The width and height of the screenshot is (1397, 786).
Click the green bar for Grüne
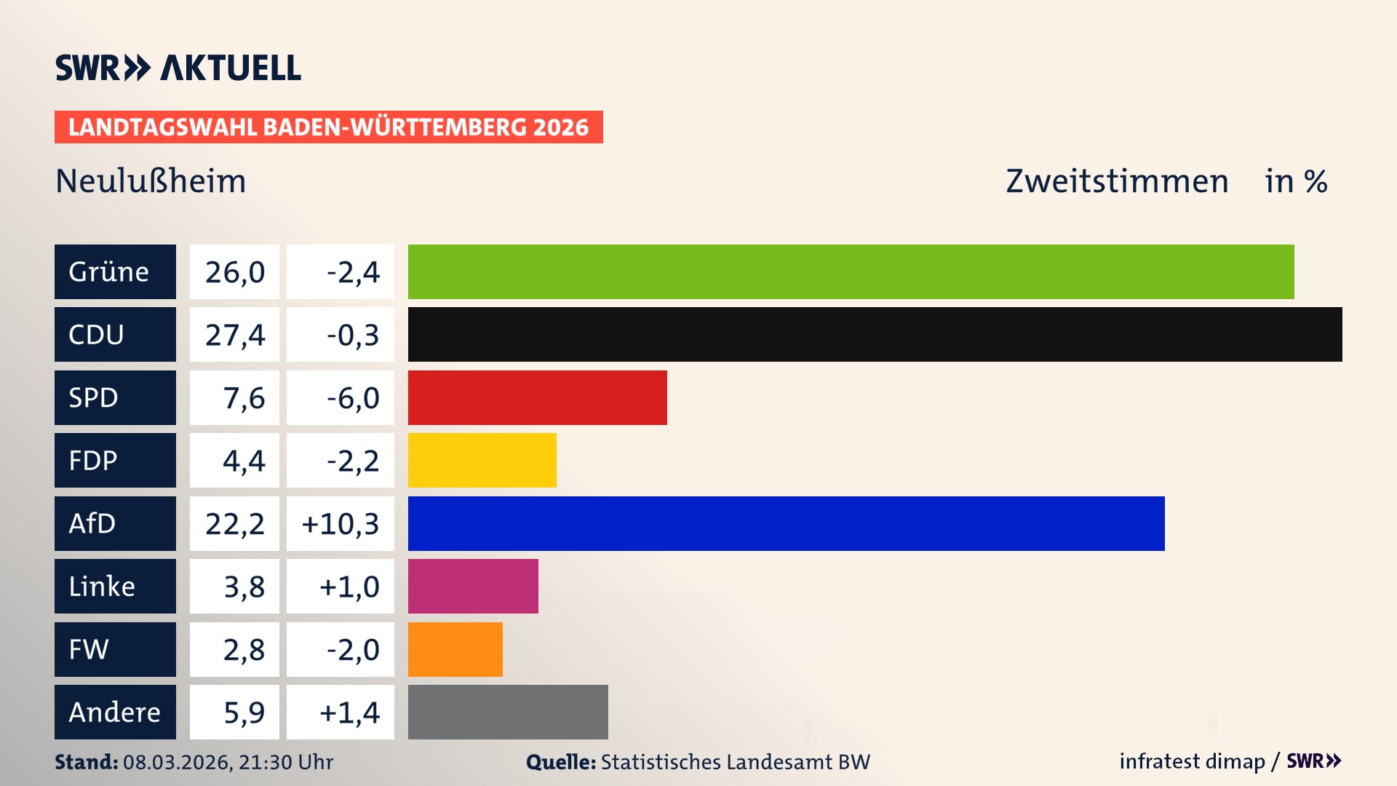(x=851, y=271)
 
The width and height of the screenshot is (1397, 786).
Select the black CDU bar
(x=875, y=335)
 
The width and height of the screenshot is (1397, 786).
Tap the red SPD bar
(x=537, y=397)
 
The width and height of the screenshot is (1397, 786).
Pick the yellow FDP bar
(x=482, y=460)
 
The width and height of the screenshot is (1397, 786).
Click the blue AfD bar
(x=786, y=523)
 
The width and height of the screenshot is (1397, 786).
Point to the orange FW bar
(x=455, y=649)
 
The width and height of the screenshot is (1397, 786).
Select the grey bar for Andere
(x=508, y=712)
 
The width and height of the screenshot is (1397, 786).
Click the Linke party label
(x=102, y=587)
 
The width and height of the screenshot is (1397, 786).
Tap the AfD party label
(x=92, y=523)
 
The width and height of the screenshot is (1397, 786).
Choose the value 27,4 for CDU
(x=234, y=335)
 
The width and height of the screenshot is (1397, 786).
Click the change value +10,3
(x=341, y=523)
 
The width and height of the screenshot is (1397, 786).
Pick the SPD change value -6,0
(x=353, y=397)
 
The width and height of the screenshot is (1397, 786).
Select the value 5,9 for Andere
(x=244, y=712)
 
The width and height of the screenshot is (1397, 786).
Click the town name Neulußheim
(x=151, y=181)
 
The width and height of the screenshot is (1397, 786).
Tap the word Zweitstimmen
(x=1117, y=181)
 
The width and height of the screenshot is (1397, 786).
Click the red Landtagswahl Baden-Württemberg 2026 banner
(x=328, y=127)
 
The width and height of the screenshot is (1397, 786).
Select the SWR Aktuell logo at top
(x=178, y=68)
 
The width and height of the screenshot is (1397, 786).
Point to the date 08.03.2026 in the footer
(x=176, y=762)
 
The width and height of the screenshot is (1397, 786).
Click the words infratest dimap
(x=1192, y=761)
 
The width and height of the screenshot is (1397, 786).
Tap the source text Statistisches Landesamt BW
(x=735, y=762)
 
